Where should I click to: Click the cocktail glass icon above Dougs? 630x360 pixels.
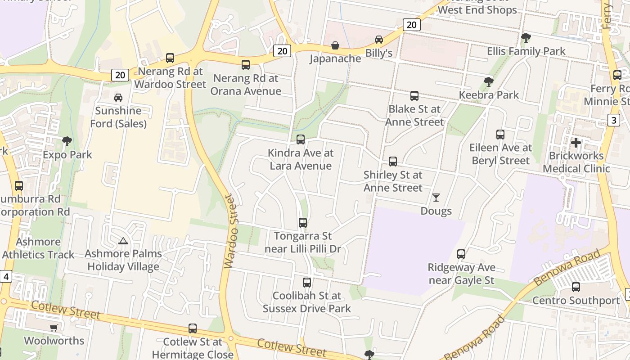(436, 197)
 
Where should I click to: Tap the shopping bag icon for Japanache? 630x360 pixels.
(335, 45)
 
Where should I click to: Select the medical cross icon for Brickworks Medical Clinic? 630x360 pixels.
(576, 143)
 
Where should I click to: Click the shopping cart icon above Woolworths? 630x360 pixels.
(54, 328)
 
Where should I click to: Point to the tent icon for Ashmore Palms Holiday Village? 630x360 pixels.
(123, 241)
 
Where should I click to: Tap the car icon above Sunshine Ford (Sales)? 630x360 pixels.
(118, 97)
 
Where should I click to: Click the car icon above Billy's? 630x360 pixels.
(379, 40)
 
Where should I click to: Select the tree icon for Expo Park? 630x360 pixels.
(67, 141)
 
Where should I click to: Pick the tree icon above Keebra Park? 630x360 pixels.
(488, 81)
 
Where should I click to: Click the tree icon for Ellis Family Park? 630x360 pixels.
(526, 38)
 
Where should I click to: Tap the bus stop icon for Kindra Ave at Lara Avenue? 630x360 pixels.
(301, 139)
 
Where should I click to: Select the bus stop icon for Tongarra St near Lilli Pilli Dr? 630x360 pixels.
(303, 223)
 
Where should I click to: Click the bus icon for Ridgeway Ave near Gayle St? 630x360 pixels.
(461, 254)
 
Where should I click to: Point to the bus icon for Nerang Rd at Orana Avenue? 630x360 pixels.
(246, 65)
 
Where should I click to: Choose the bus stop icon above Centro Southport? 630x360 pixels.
(576, 287)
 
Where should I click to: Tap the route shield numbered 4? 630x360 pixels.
(5, 276)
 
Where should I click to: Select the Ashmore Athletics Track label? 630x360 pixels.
(38, 248)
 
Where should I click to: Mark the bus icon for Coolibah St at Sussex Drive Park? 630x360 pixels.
(307, 283)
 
